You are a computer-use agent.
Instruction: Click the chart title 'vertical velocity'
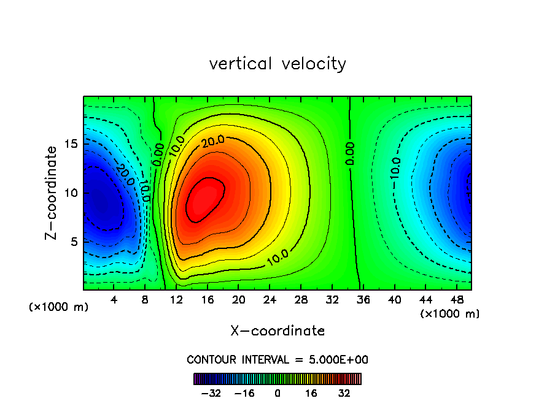click(x=277, y=64)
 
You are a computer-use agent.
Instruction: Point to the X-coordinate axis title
click(x=277, y=331)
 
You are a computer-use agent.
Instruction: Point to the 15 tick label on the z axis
click(x=72, y=144)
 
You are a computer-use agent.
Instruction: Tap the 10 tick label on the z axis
click(x=72, y=193)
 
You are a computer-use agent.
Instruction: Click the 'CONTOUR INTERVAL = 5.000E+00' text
click(x=277, y=359)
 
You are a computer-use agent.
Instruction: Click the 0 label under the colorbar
click(x=277, y=393)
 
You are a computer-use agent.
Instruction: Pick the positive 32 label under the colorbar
click(x=344, y=393)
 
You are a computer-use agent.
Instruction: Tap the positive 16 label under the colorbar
click(x=311, y=393)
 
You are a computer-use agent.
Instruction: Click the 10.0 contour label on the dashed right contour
click(x=396, y=169)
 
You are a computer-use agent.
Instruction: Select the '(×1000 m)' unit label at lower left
click(x=59, y=307)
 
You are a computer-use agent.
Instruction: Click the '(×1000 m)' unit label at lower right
click(x=450, y=314)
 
